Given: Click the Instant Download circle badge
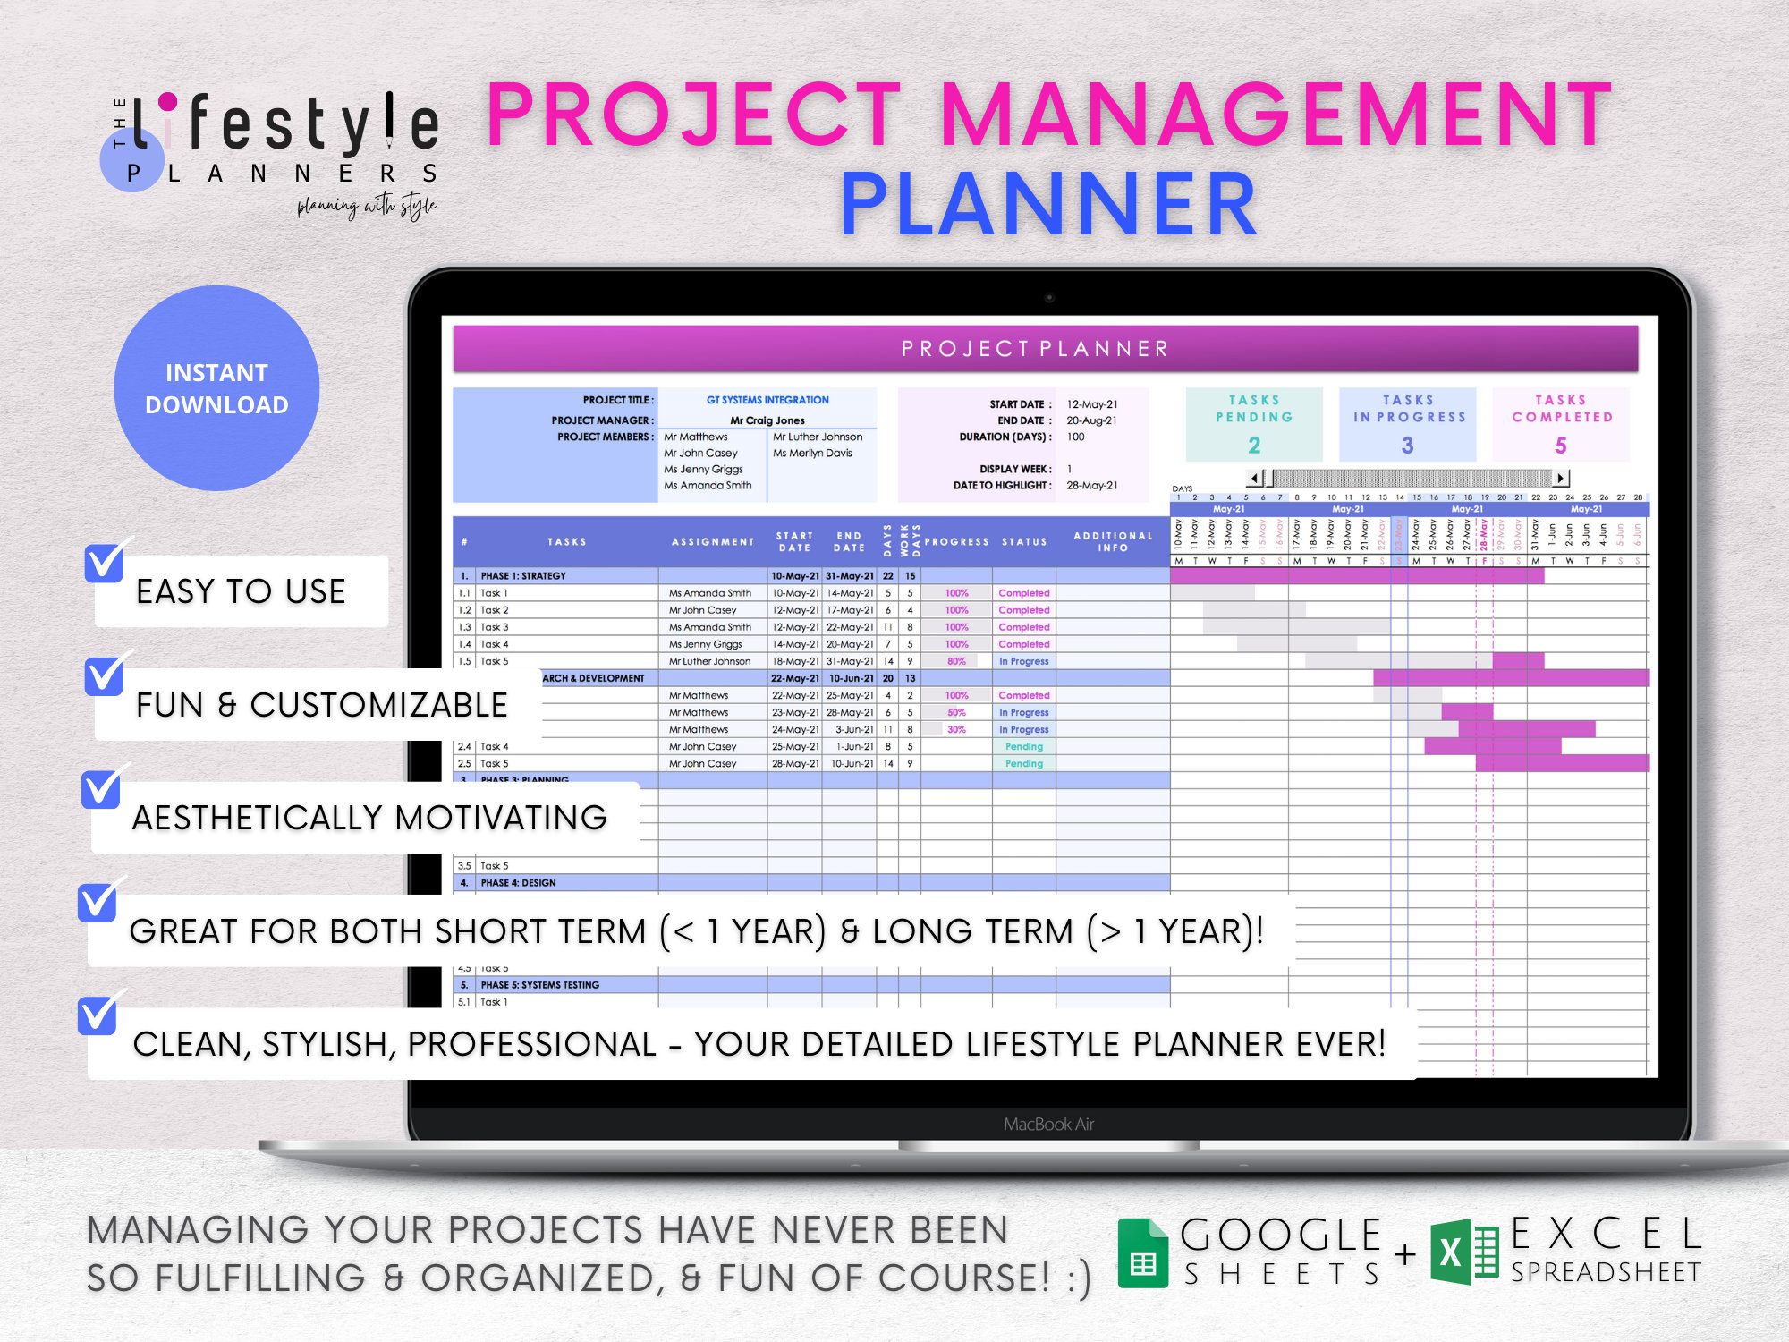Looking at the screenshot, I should point(216,388).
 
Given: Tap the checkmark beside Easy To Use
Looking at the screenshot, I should point(105,562).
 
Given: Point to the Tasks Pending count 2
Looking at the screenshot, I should point(1254,445).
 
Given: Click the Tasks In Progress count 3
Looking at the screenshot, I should point(1407,445).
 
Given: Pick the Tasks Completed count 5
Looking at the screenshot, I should point(1561,445).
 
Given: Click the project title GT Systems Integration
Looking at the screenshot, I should point(767,400).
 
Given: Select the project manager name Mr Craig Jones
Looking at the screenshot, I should point(767,420).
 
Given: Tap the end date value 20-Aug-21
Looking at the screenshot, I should point(1091,420).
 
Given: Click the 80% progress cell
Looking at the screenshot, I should point(956,661).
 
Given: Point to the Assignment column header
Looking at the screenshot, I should point(713,541).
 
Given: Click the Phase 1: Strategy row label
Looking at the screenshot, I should point(523,576).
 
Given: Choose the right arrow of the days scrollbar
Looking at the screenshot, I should point(1561,478).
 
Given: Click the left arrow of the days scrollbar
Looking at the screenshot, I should point(1255,478).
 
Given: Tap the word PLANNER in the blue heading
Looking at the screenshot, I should point(1048,205).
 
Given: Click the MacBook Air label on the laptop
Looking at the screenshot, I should point(1048,1124).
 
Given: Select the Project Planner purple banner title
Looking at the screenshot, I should point(1035,349).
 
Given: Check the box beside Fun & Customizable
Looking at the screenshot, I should point(105,676).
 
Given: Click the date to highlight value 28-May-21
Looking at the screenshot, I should point(1091,486).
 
